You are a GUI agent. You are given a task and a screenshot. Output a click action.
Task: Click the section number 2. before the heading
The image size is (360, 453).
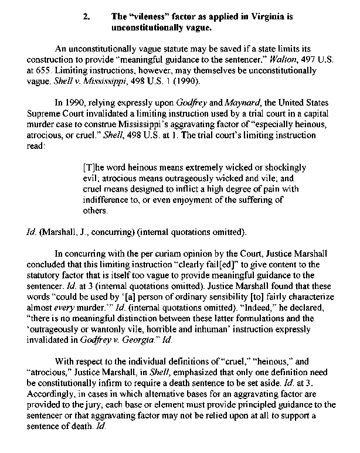[x=87, y=17]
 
